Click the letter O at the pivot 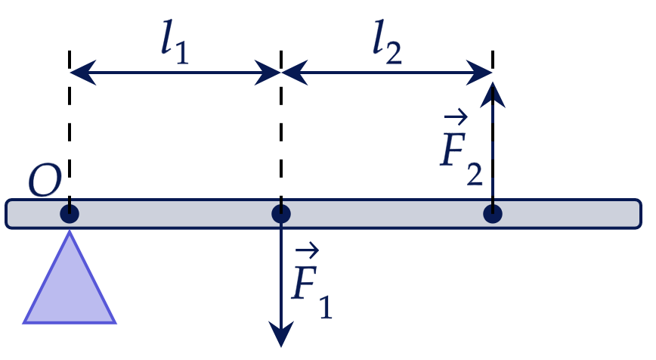click(45, 180)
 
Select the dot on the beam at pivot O click(70, 214)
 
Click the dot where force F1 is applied click(281, 214)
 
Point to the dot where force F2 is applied click(493, 214)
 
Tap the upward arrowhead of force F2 click(493, 95)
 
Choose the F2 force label click(462, 147)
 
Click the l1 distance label click(175, 42)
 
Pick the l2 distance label click(387, 42)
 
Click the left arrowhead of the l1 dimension click(83, 73)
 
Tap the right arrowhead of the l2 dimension click(479, 73)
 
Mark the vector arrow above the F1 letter click(308, 251)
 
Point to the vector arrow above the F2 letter click(456, 116)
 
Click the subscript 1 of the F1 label click(326, 307)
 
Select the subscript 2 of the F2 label click(475, 173)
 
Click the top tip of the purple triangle click(70, 232)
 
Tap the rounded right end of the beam click(639, 214)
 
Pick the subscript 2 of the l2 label click(394, 52)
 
